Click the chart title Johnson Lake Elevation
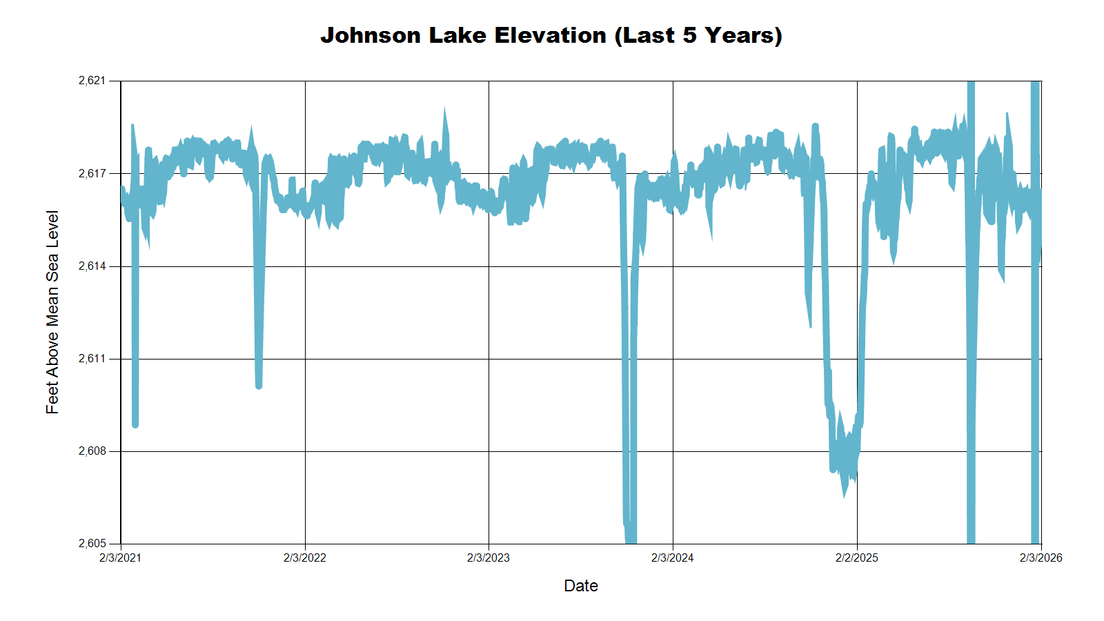point(551,35)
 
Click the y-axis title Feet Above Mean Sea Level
point(52,312)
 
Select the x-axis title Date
point(580,586)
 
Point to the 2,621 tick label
point(92,81)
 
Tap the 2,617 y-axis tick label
point(92,173)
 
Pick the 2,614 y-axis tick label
point(92,266)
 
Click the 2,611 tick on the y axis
point(92,359)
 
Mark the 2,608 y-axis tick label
point(92,451)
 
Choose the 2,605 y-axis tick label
point(92,544)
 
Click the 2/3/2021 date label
point(120,558)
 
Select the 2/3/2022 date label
point(304,558)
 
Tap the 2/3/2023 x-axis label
point(489,558)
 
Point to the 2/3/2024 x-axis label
point(673,558)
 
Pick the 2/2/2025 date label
point(857,558)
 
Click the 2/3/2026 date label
point(1041,558)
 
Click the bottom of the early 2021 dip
point(135,424)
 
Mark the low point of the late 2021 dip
point(259,386)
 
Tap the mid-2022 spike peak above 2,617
point(444,110)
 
